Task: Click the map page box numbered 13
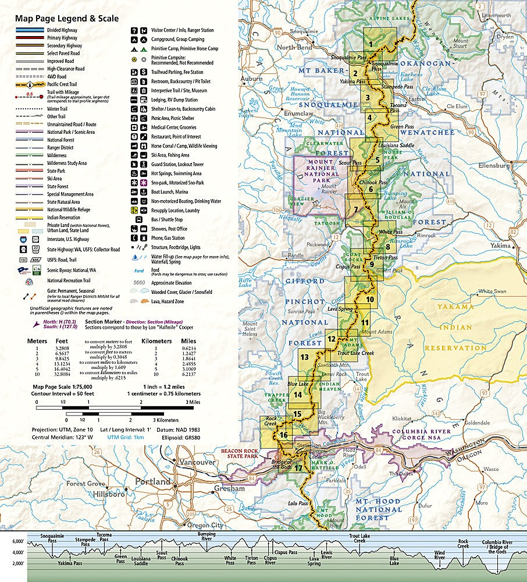point(305,357)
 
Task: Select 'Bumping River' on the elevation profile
point(206,536)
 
